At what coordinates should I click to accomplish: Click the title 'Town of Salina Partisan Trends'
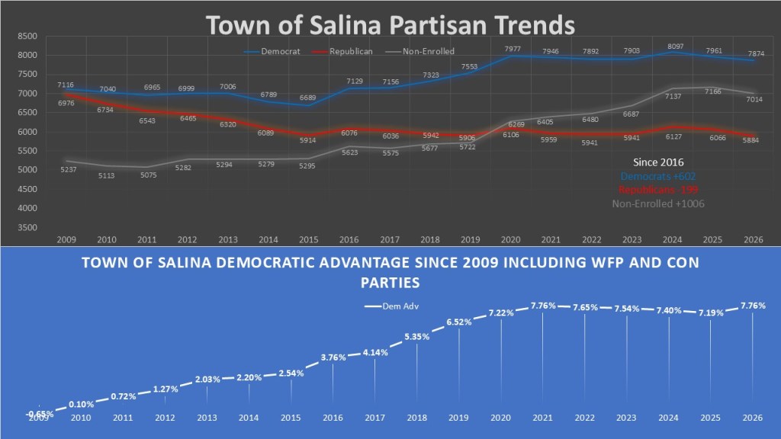pos(390,25)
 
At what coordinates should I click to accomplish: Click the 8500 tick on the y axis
pos(27,36)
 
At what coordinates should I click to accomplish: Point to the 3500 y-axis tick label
pos(27,227)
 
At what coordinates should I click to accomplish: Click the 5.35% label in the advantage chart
pos(417,337)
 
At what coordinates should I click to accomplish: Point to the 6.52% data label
pos(459,322)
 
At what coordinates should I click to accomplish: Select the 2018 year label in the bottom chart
pos(416,418)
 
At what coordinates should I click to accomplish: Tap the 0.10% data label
pos(81,404)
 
